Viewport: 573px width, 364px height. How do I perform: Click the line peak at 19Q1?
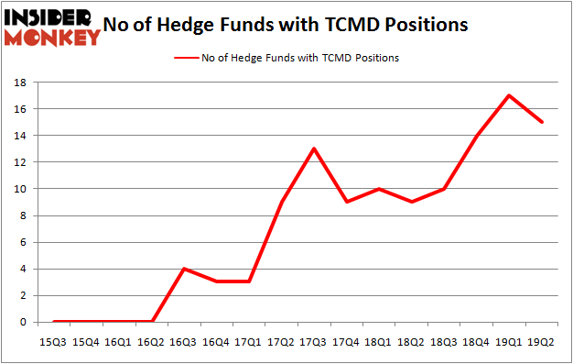pos(508,95)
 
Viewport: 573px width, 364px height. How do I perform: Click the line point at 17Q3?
pos(314,149)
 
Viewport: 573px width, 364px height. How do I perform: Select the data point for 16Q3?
pos(184,269)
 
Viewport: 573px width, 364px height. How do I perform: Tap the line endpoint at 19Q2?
pos(541,122)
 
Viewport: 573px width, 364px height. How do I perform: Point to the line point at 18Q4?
pos(476,136)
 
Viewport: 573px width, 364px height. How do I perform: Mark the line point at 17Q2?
pos(282,202)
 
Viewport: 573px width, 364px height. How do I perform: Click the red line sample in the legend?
pos(186,58)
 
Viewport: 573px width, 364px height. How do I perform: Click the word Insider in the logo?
pos(49,17)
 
